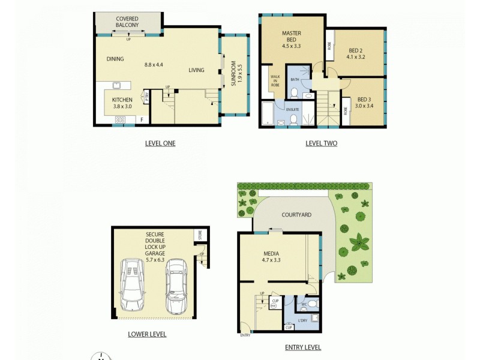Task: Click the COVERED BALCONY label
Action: (x=127, y=22)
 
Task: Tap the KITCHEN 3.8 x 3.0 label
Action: (x=122, y=103)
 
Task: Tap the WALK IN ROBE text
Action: (x=275, y=81)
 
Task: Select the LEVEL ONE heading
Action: (x=160, y=143)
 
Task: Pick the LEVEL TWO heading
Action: (x=321, y=143)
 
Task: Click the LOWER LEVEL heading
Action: (x=147, y=334)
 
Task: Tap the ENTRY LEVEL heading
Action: (x=303, y=347)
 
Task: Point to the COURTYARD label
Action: (x=296, y=215)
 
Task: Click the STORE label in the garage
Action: (x=200, y=235)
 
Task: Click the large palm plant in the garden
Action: (x=360, y=244)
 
